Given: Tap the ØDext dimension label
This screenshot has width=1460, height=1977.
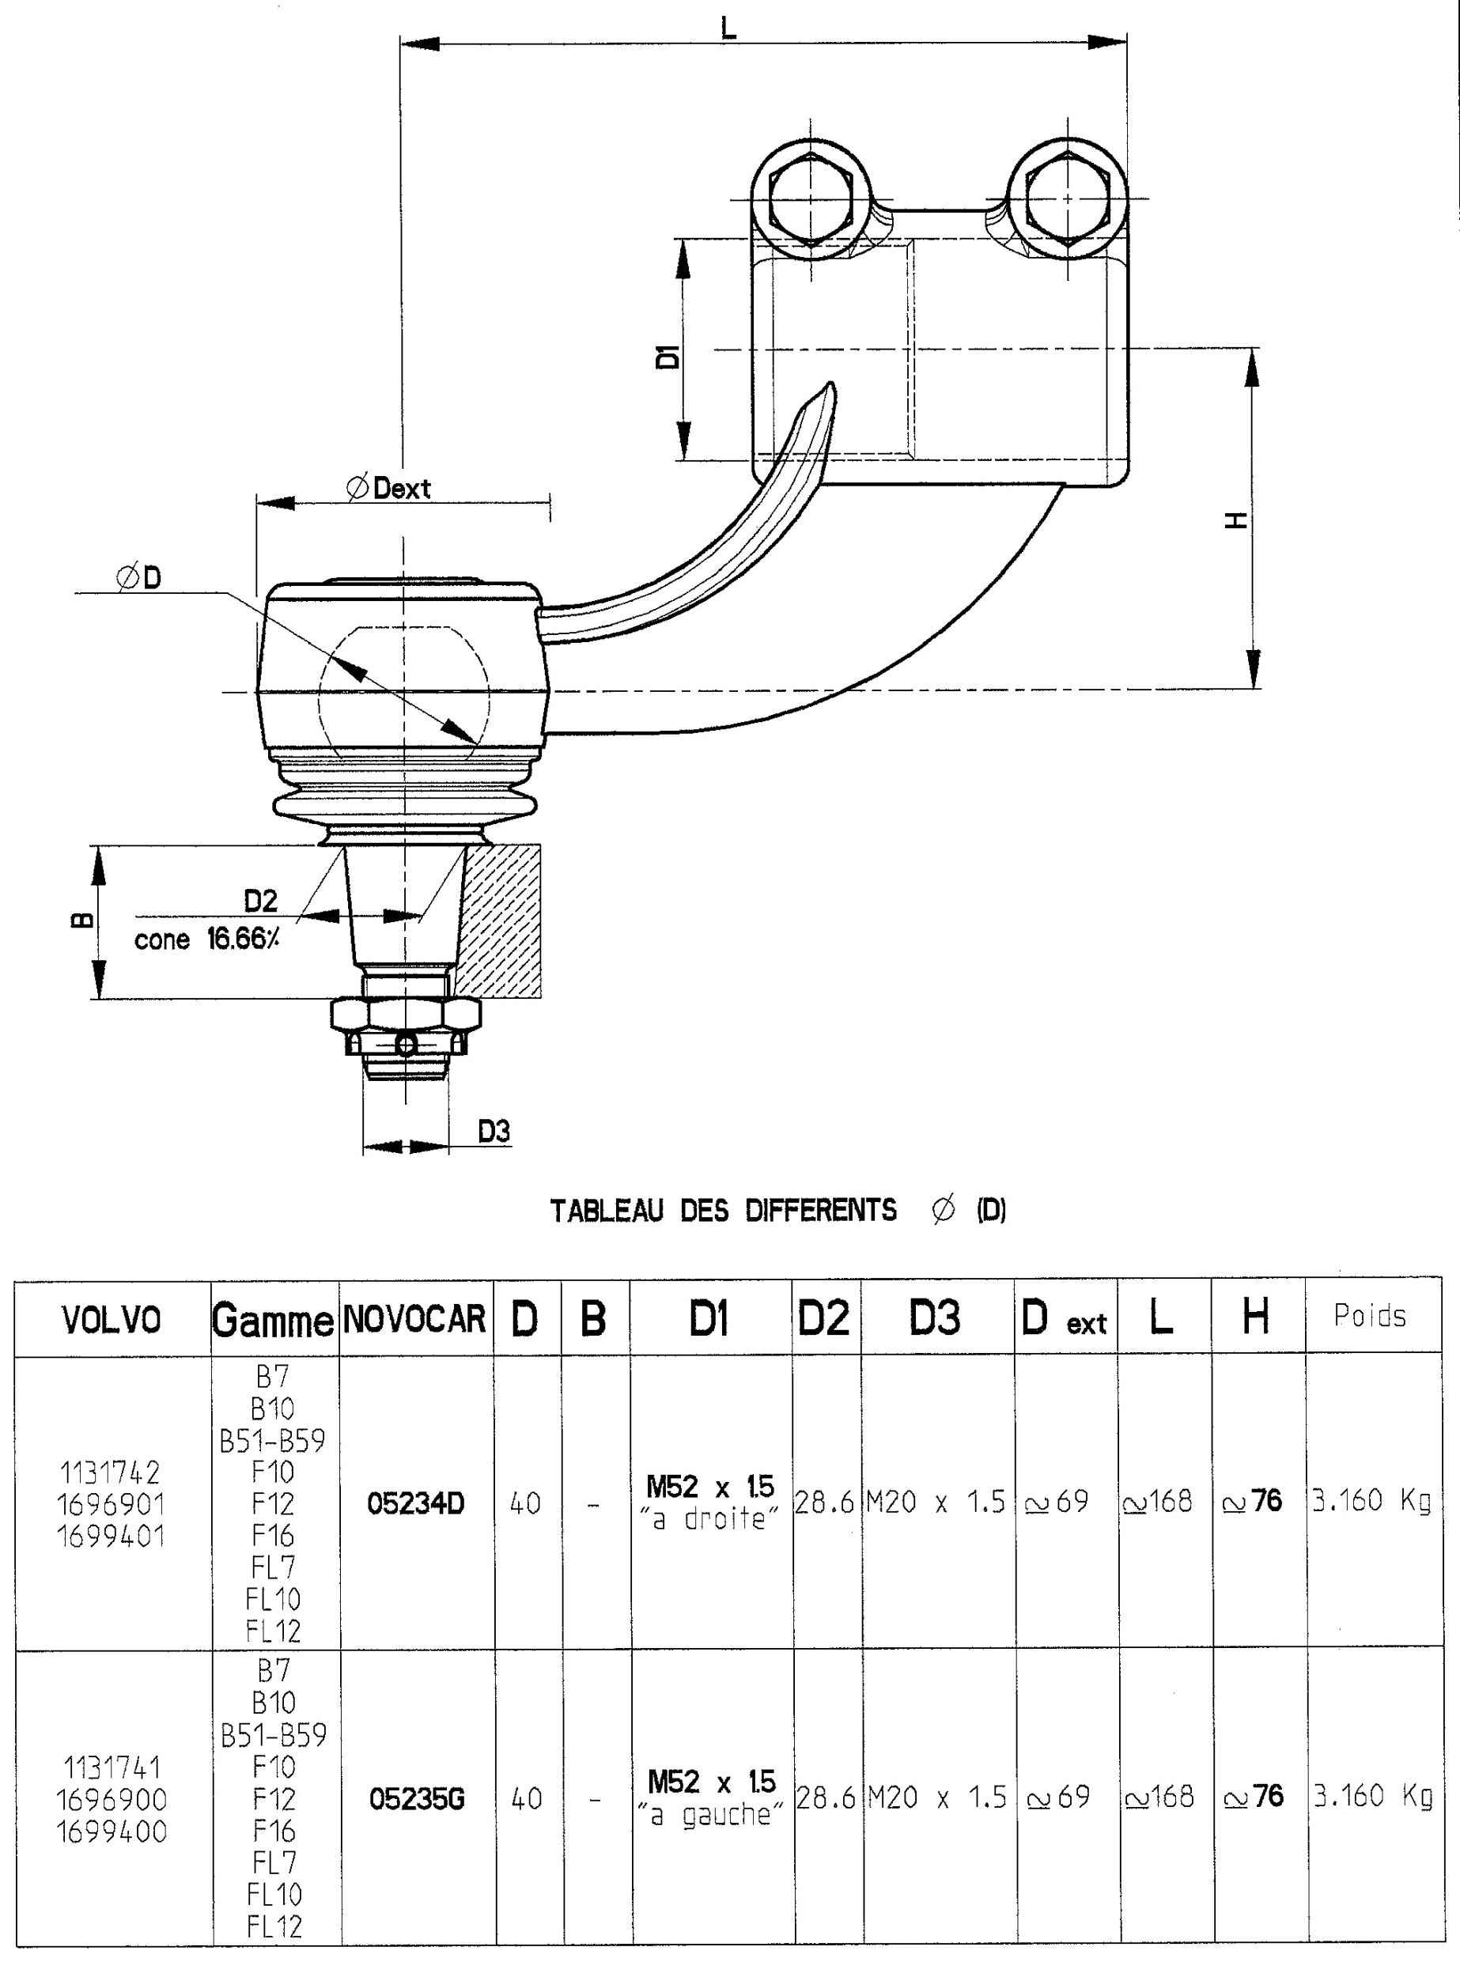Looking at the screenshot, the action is pos(389,488).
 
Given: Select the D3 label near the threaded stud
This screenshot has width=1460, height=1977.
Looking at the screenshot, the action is pos(494,1131).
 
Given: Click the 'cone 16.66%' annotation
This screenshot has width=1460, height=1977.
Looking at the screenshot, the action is pos(206,939).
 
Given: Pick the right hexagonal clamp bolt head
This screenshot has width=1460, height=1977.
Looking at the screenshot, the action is pos(1066,198).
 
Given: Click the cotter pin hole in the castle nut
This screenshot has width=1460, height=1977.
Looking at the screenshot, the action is pos(405,1045).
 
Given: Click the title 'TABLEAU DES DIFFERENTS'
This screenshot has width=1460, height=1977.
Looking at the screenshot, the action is pos(723,1210).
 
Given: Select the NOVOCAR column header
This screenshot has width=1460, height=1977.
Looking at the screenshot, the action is pos(414,1320).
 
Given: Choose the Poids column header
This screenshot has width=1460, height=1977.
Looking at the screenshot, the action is pos(1370,1316).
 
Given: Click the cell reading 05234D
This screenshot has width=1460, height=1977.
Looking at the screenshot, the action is pos(415,1503).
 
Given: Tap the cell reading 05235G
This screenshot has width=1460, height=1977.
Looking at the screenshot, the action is pos(416,1798).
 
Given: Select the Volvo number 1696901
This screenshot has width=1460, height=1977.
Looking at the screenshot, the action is pos(112,1504).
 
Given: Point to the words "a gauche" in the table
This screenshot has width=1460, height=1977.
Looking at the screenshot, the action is pos(709,1815).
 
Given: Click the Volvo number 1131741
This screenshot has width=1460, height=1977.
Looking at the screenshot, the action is pos(112,1767).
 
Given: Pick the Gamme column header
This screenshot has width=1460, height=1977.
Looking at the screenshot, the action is pos(273,1321).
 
